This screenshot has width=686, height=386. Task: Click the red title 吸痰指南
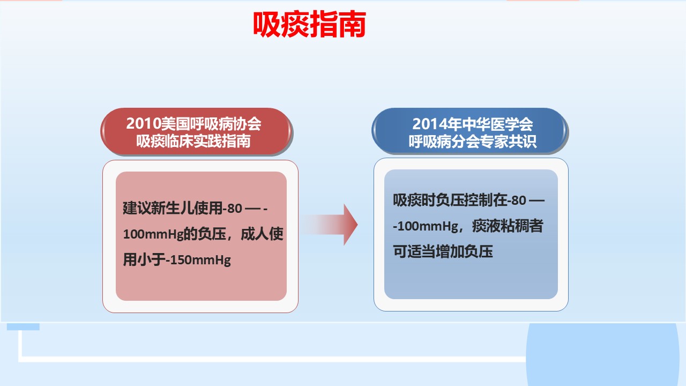pyautogui.click(x=310, y=24)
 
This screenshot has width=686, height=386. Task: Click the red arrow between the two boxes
pyautogui.click(x=329, y=225)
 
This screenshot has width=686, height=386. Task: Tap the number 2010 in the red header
pyautogui.click(x=144, y=124)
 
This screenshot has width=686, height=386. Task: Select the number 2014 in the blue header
pyautogui.click(x=430, y=124)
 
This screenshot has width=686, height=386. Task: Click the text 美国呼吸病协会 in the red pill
pyautogui.click(x=211, y=124)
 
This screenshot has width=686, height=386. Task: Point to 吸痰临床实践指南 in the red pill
pyautogui.click(x=193, y=141)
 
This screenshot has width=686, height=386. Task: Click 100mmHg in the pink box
pyautogui.click(x=153, y=234)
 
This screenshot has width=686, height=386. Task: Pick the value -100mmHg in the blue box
pyautogui.click(x=426, y=226)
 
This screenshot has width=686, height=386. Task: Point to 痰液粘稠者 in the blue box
pyautogui.click(x=508, y=226)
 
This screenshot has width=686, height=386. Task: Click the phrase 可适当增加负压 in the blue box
pyautogui.click(x=443, y=251)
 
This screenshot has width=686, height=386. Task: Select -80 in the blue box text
pyautogui.click(x=517, y=201)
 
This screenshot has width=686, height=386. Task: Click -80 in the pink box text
pyautogui.click(x=233, y=209)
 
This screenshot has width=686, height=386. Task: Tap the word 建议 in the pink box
pyautogui.click(x=137, y=209)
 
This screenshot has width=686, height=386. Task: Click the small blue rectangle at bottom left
pyautogui.click(x=23, y=327)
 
